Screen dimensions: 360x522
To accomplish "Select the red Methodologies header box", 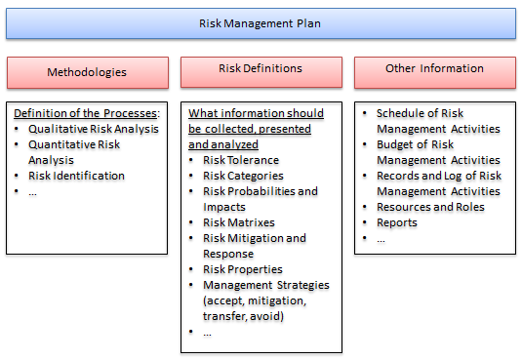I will point(87,72).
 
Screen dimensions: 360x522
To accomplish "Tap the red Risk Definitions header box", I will point(261,70).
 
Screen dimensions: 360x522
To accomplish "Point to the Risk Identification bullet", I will point(76,176).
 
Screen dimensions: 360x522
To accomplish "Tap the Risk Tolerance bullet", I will point(240,160).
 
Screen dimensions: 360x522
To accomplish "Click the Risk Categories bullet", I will point(244,176).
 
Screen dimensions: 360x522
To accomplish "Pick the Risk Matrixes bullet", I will point(238,222).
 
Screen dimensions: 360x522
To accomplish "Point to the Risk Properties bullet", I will point(242,269).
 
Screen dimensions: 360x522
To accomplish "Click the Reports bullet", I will point(396,222).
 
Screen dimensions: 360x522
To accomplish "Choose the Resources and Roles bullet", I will point(429,207).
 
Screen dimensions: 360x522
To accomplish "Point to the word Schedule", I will point(400,113).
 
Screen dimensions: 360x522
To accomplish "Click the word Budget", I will point(396,144).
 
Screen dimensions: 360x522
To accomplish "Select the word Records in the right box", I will point(398,176).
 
